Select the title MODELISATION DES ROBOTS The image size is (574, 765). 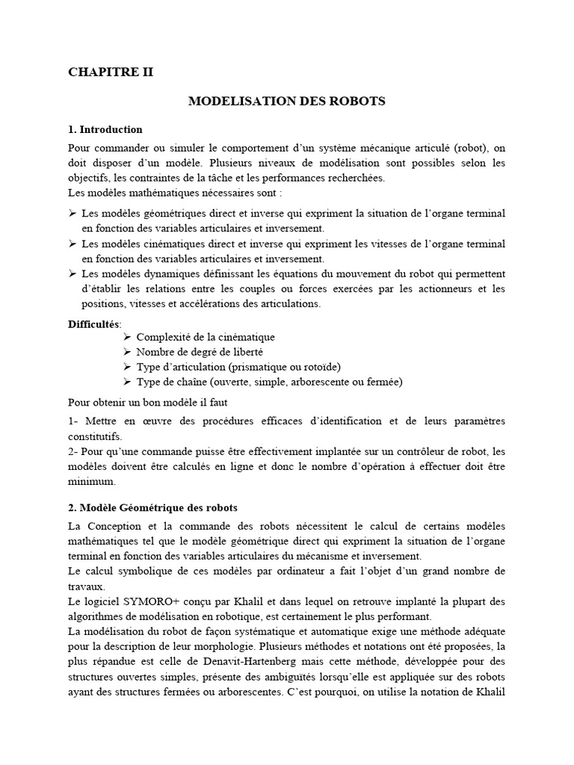[x=286, y=101]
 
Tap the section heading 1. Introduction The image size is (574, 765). [x=105, y=129]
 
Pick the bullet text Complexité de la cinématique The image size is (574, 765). [x=206, y=338]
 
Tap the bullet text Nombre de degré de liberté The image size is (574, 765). [x=200, y=352]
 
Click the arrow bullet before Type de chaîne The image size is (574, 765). [x=127, y=382]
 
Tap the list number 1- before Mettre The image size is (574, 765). [x=74, y=421]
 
